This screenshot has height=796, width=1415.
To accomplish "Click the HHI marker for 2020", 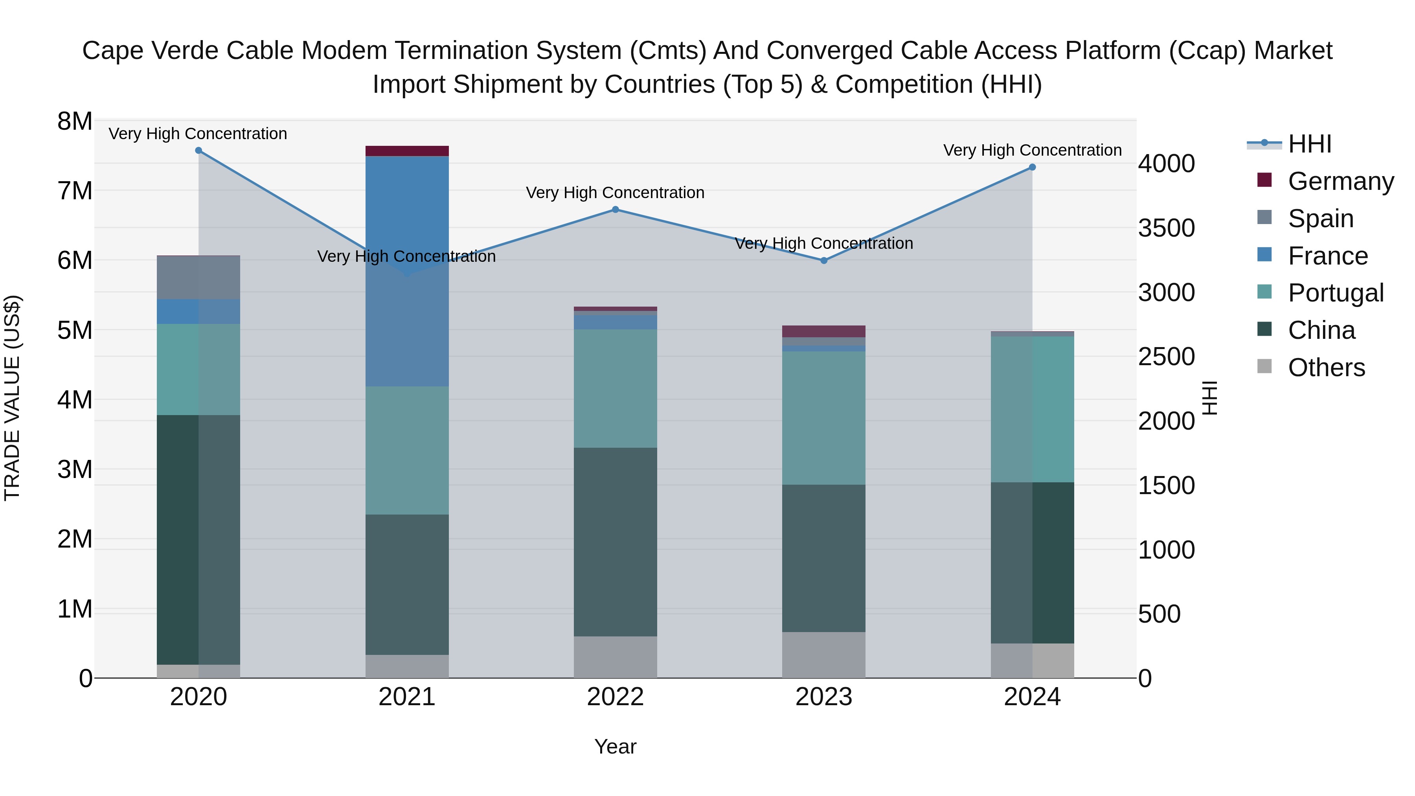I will [199, 151].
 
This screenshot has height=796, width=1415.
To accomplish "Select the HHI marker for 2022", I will [615, 209].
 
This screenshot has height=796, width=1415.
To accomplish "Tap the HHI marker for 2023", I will [824, 260].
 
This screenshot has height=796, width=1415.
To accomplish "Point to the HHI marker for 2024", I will [1032, 167].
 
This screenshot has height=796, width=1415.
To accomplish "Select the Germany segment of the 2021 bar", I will [407, 151].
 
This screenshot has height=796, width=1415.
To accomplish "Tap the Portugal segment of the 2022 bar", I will [615, 388].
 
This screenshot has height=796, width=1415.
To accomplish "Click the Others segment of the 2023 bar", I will [824, 655].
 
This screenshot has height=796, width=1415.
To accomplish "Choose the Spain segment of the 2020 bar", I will [198, 278].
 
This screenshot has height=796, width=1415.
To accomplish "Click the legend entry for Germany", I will [1340, 181].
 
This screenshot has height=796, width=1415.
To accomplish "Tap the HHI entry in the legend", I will [1310, 144].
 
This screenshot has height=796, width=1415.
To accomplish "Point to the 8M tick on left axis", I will [75, 121].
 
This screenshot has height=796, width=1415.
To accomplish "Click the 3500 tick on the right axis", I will [1166, 228].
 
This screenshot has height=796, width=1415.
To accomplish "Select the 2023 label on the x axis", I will [824, 697].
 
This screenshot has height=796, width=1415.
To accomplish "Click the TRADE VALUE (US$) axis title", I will [12, 398].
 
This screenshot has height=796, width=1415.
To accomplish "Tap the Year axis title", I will [615, 746].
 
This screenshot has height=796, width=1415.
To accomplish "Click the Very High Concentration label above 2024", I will [1032, 150].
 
